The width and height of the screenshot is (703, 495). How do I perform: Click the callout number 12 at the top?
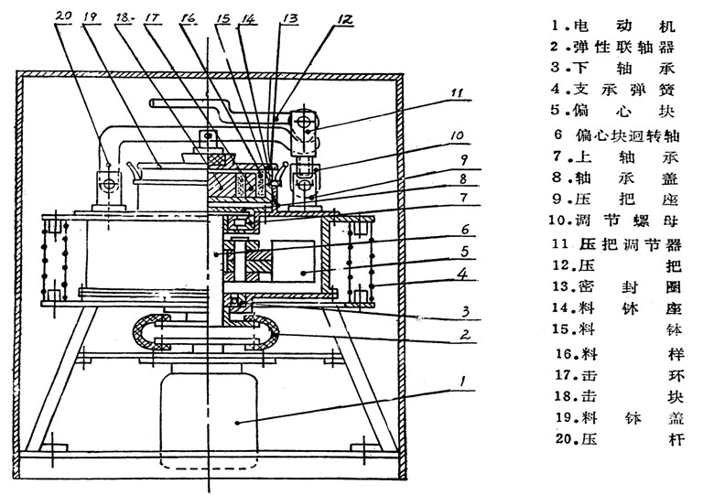pos(340,17)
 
